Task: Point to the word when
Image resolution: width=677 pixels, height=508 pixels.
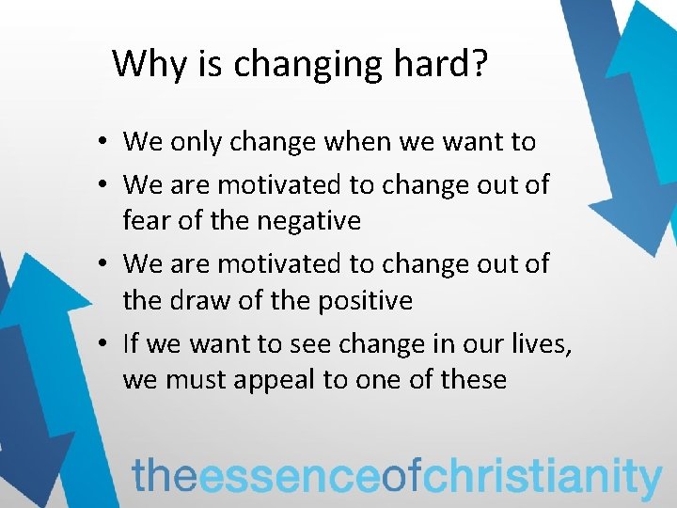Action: [373, 143]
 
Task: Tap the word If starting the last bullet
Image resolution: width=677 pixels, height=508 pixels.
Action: [131, 345]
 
